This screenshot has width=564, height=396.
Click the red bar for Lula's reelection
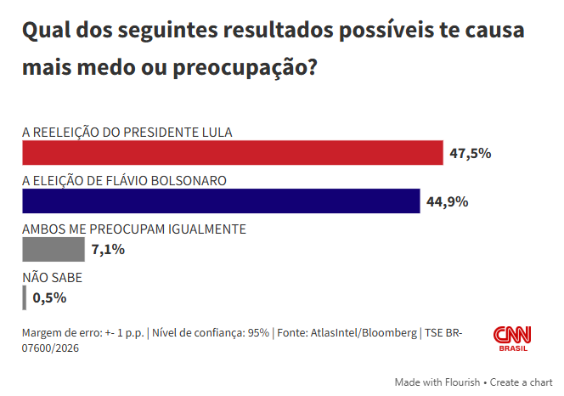click(232, 153)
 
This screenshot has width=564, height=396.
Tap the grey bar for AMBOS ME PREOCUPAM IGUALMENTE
click(53, 250)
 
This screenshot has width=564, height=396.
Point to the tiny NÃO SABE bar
click(24, 297)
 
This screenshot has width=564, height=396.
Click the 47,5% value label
click(471, 154)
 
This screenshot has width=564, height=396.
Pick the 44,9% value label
click(447, 202)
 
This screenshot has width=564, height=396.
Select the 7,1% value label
click(109, 250)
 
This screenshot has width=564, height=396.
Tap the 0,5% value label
click(49, 297)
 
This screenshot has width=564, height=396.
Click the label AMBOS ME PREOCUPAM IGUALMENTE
click(134, 229)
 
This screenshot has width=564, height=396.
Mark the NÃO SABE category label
click(52, 277)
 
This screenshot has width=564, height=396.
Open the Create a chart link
click(521, 382)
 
